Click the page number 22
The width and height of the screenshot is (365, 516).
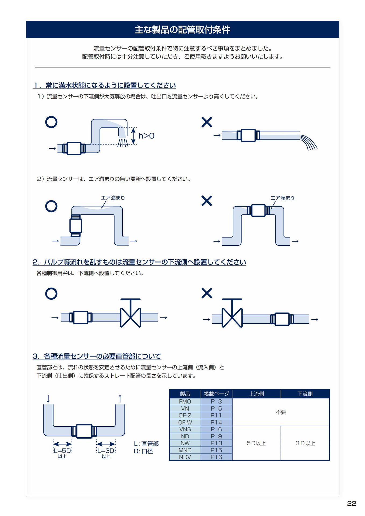click(x=352, y=503)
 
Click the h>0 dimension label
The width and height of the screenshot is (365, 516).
click(x=146, y=136)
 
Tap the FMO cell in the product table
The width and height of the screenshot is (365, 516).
click(x=185, y=402)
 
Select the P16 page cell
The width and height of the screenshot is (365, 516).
click(x=216, y=457)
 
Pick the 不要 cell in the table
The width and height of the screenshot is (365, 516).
click(x=281, y=412)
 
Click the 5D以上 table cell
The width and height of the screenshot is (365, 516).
click(x=256, y=443)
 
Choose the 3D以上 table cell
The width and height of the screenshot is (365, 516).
click(x=305, y=443)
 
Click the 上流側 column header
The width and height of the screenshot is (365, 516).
click(x=256, y=394)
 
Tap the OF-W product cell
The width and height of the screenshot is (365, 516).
click(x=185, y=422)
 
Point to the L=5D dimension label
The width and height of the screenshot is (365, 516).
click(x=62, y=451)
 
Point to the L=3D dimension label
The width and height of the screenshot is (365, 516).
click(x=106, y=451)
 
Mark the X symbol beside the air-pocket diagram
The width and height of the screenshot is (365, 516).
click(x=207, y=201)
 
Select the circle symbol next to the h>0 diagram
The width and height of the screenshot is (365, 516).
click(x=51, y=122)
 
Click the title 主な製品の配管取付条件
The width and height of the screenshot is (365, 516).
click(x=182, y=30)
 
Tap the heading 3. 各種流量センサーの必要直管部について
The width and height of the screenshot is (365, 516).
click(x=97, y=356)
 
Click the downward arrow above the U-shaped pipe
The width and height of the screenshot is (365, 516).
click(x=48, y=398)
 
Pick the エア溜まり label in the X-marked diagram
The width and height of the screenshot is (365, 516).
click(x=282, y=198)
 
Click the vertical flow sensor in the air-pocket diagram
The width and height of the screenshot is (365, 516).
click(x=76, y=225)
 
